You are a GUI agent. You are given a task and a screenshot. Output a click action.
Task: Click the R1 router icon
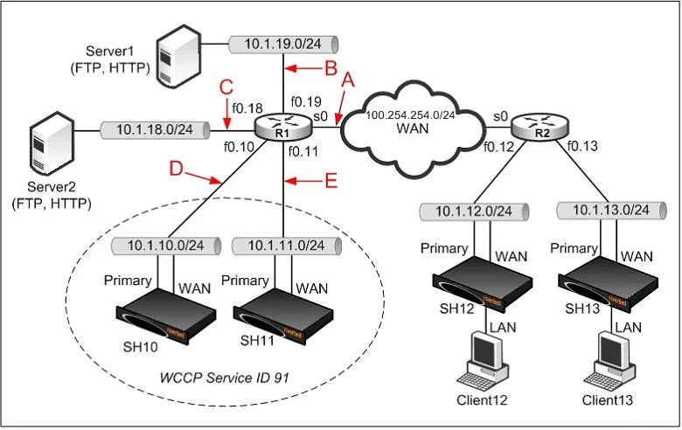[x=282, y=126]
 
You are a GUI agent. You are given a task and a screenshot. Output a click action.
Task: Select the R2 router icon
[x=539, y=127]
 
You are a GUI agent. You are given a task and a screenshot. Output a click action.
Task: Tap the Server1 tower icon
[x=178, y=56]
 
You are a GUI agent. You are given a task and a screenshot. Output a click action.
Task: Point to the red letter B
[x=331, y=68]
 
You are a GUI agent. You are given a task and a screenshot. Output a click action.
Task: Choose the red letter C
[x=226, y=87]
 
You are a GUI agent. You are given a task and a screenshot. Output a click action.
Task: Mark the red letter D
[x=177, y=169]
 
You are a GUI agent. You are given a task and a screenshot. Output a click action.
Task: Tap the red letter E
[x=331, y=180]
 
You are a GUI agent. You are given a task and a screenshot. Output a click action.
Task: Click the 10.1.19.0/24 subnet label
[x=282, y=44]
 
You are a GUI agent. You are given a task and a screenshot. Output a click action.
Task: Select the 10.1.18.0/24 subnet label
[x=155, y=129]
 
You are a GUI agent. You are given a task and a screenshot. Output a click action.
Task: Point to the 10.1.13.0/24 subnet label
[x=610, y=210]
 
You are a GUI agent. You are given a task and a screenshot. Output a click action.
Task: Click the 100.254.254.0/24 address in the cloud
[x=410, y=115]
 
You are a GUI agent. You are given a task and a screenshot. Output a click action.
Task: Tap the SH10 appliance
[x=166, y=316]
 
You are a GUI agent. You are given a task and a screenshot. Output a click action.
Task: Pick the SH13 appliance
[x=608, y=283]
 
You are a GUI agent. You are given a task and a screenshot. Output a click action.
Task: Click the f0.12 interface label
[x=498, y=147]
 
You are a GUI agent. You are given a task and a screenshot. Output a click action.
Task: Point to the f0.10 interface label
[x=239, y=147]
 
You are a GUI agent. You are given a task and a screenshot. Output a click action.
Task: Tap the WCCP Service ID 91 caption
[x=225, y=378]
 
